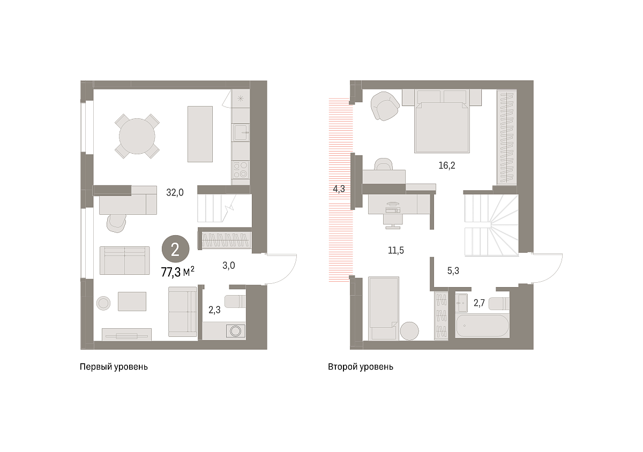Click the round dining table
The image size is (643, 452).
pos(137,137)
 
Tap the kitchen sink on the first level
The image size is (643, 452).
pos(241,132)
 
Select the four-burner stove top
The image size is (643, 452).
pos(241,170)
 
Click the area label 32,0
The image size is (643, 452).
pos(175,192)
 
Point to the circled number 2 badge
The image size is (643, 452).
pos(175,249)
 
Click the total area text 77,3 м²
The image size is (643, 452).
pos(178,272)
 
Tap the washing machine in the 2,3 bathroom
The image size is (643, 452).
pos(235,330)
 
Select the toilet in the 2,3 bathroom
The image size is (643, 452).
pos(235,302)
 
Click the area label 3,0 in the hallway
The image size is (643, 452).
pos(228,266)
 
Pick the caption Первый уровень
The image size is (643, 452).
pos(114,367)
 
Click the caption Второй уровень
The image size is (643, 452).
pos(361,367)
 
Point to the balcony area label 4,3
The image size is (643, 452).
pos(339,189)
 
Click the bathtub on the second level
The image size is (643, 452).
pos(482,326)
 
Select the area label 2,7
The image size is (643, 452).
pos(479,303)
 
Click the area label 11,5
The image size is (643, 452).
pos(396,250)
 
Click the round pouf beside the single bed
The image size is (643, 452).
pos(409,331)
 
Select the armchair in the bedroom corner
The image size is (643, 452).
pos(385,106)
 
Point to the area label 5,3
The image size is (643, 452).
pos(453,270)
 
